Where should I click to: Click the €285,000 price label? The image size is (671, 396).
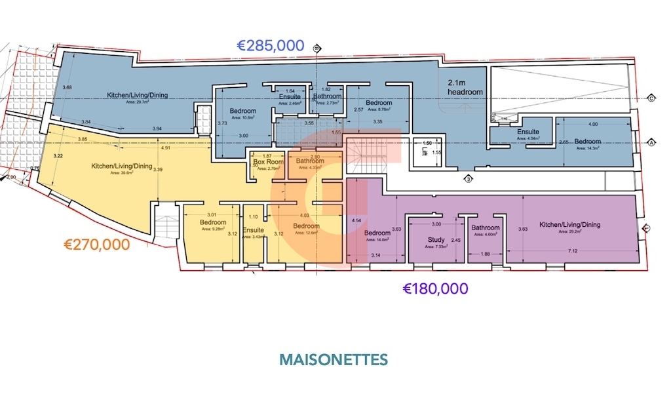click(270, 46)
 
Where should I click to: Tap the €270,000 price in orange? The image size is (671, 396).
click(96, 245)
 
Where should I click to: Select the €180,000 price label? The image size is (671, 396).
click(435, 288)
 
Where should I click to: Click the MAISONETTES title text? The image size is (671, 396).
click(334, 360)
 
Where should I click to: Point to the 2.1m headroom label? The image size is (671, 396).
click(465, 88)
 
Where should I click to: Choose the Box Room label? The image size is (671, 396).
click(268, 162)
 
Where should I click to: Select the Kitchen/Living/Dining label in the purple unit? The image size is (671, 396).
click(569, 225)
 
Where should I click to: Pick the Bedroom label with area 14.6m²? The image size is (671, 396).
click(377, 233)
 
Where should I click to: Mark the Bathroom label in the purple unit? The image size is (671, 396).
click(486, 228)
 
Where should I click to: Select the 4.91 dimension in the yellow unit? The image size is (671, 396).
click(167, 148)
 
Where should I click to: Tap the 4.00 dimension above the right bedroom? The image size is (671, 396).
click(593, 125)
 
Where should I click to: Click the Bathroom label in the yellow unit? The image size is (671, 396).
click(310, 161)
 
